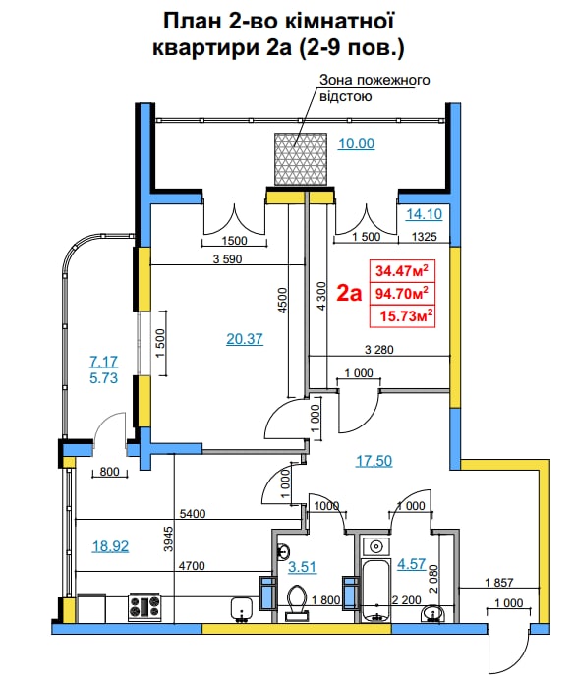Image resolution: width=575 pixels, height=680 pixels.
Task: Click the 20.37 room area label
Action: point(245,339)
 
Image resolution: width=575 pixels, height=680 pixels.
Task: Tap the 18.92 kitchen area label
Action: point(110,546)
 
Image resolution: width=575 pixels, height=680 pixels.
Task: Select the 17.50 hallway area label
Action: point(374,461)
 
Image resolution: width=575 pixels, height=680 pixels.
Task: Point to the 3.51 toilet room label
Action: point(303,567)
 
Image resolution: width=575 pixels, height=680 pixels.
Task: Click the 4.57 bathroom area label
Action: point(412,564)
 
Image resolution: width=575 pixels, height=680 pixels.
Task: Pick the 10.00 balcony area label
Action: point(356,143)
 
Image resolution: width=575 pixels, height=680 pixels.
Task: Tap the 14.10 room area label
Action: point(424,214)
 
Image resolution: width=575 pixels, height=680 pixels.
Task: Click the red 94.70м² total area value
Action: point(402,294)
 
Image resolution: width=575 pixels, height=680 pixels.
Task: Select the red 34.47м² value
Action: point(402,270)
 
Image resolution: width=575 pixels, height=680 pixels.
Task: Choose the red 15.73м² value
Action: point(406,315)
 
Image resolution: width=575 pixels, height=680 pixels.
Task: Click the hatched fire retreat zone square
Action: point(301,159)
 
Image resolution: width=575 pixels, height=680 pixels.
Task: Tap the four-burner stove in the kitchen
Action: point(144,606)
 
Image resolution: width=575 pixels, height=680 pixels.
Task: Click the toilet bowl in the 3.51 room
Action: point(297,600)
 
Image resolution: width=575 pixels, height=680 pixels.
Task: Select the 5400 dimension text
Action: point(193,514)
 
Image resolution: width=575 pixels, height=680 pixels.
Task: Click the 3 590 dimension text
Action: point(227,258)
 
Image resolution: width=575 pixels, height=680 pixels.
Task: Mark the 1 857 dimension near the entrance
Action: point(499,583)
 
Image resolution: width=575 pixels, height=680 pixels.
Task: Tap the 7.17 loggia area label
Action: point(103,362)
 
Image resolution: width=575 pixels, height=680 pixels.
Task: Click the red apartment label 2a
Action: point(349,293)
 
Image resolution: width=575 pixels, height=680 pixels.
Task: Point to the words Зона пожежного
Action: point(374,81)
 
